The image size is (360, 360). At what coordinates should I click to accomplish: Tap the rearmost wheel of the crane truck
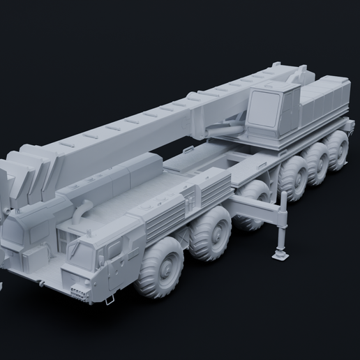(x=338, y=149)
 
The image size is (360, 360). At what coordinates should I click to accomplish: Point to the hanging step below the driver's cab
(x=110, y=298)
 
